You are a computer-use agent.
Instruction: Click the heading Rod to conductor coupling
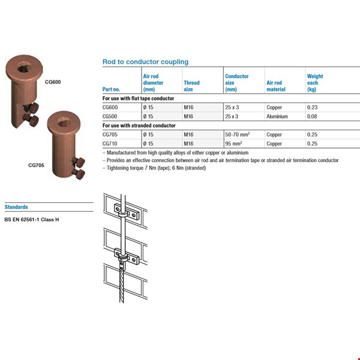coord(145,62)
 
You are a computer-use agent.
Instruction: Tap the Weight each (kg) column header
coord(315,83)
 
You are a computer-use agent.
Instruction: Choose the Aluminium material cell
coord(277,116)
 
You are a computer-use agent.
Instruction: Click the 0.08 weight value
coord(312,116)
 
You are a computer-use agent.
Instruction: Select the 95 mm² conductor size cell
coord(235,144)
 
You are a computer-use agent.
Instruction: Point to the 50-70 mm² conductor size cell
coord(238,135)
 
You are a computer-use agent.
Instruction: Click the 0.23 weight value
coord(312,107)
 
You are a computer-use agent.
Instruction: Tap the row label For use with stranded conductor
coord(139,125)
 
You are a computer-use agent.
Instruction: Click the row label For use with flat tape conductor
coord(139,98)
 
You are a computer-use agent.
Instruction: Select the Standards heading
coord(16,207)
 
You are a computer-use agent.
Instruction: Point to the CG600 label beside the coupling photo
coord(53,81)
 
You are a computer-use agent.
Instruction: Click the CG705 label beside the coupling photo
coord(36,164)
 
